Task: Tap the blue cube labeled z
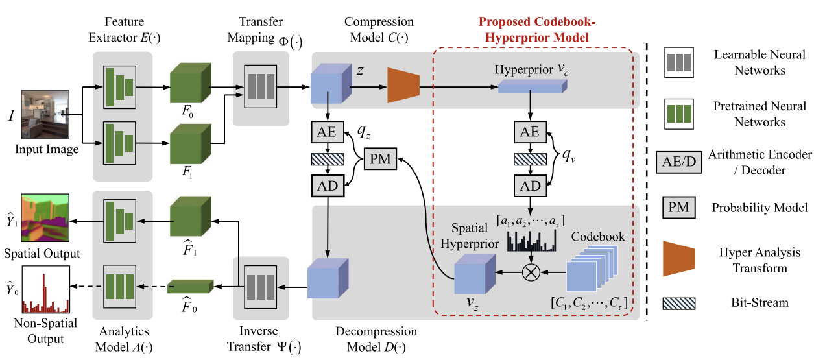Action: (x=330, y=86)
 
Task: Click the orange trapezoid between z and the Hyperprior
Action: (x=403, y=85)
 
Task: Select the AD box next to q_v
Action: (x=531, y=186)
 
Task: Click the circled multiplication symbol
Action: (x=531, y=272)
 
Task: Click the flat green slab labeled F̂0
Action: (x=190, y=285)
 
